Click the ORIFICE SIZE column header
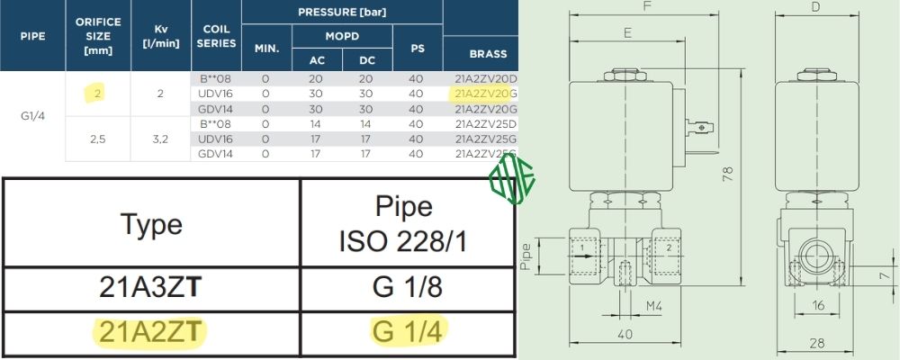pos(98,36)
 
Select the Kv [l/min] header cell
pos(161,36)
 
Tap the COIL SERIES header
pos(216,36)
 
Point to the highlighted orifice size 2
pos(97,94)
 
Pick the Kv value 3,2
pos(161,139)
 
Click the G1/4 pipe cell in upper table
pos(32,116)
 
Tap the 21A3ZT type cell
pos(151,288)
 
